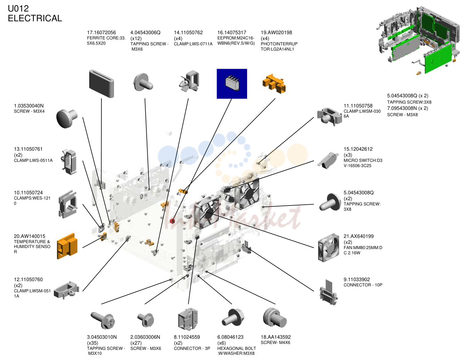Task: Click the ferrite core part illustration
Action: (x=101, y=84)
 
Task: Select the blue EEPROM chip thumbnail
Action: (x=232, y=84)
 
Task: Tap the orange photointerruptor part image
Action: (x=274, y=84)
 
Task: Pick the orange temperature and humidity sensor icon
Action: (x=67, y=246)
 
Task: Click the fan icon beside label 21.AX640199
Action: (x=329, y=248)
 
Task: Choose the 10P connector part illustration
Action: (x=328, y=292)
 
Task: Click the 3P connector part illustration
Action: (x=187, y=319)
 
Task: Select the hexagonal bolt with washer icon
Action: (x=233, y=317)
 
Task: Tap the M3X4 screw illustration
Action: (x=67, y=119)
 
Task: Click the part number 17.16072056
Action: (x=101, y=32)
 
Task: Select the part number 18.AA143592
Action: (x=276, y=337)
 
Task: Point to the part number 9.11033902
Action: (x=357, y=279)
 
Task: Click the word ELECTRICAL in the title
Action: (x=35, y=18)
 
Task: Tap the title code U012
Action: (x=18, y=9)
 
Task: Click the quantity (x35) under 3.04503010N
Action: (x=92, y=343)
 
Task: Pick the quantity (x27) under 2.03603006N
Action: (x=136, y=343)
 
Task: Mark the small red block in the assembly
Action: (x=172, y=221)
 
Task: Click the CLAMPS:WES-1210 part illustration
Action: (x=68, y=204)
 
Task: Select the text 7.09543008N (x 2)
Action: (x=407, y=108)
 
